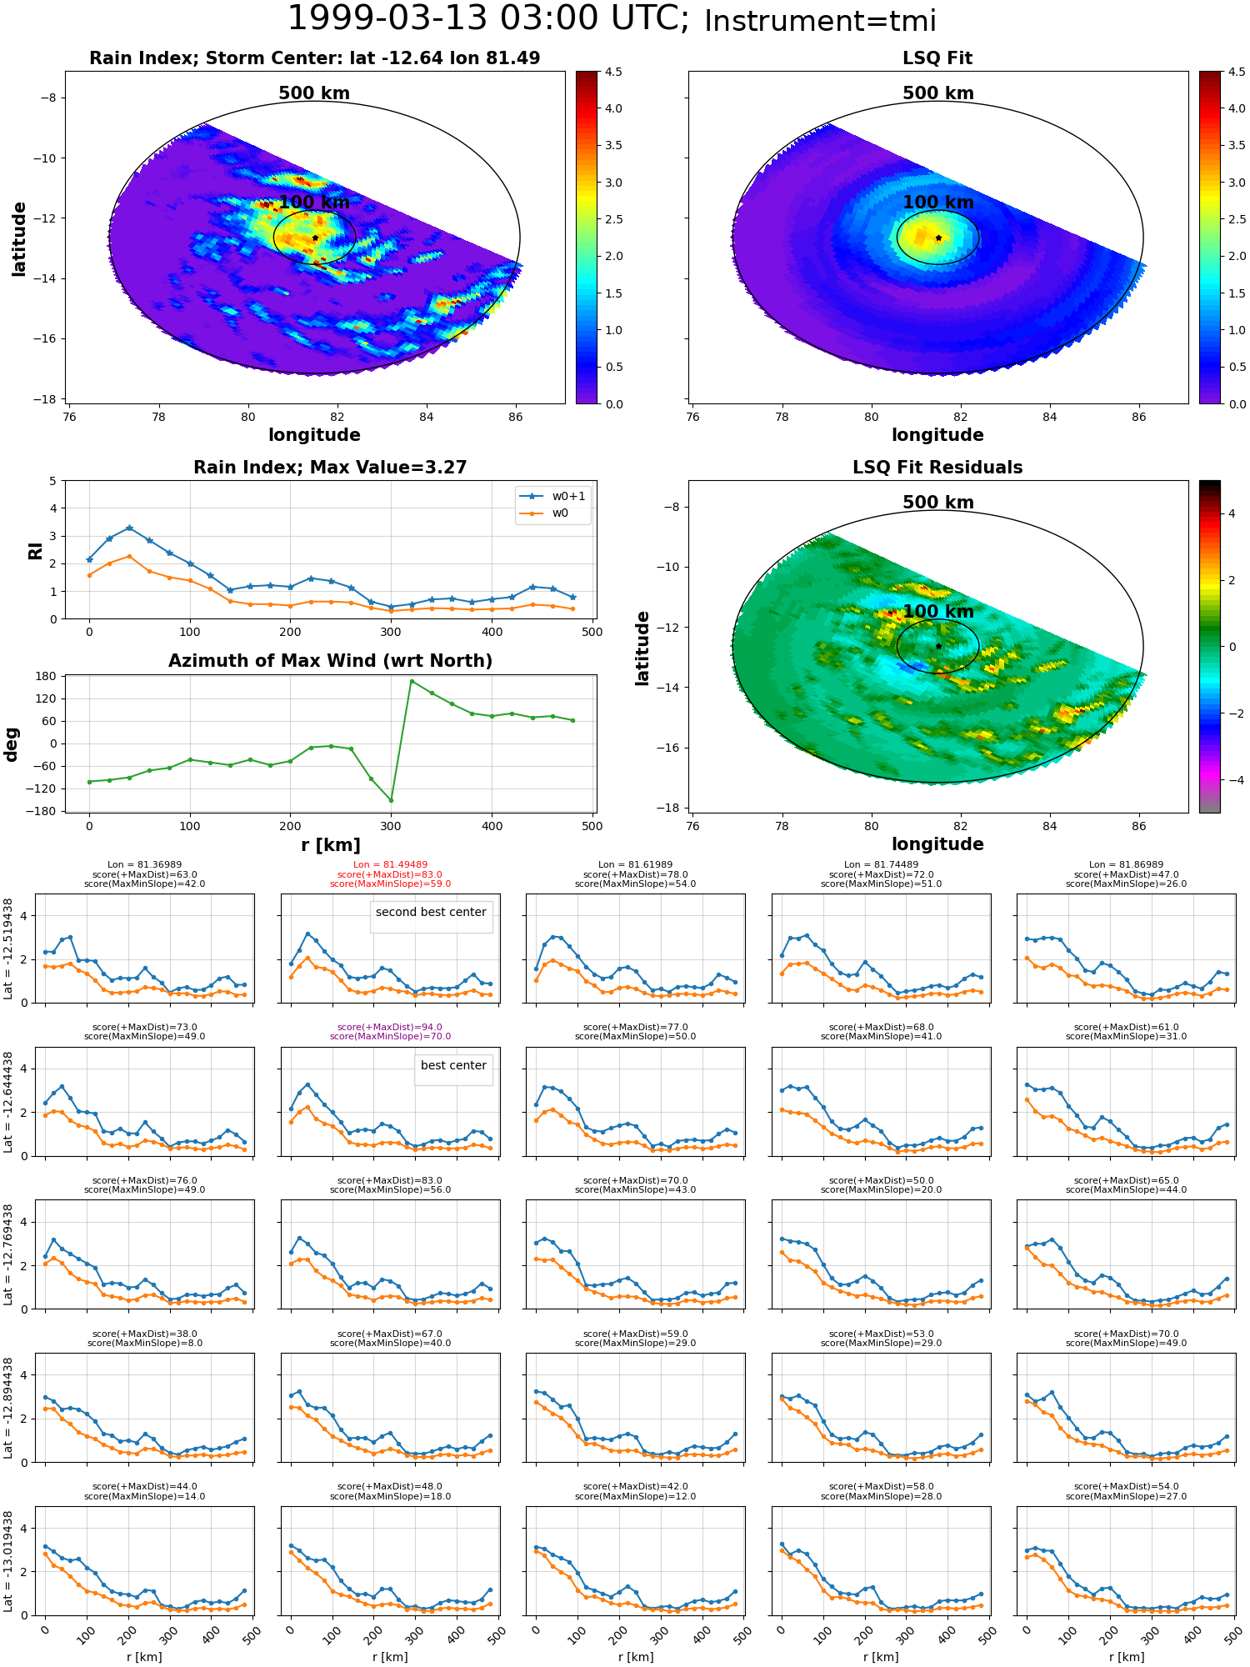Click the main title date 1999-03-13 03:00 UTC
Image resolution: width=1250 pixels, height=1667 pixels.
coord(487,19)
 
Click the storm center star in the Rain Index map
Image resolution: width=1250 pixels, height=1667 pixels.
coord(315,238)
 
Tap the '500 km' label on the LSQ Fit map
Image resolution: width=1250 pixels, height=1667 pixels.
coord(938,93)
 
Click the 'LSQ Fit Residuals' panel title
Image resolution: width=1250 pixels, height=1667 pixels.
coord(937,468)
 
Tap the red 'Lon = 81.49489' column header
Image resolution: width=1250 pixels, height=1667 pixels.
coord(390,865)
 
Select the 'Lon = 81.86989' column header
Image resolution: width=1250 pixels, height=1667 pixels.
coord(1126,865)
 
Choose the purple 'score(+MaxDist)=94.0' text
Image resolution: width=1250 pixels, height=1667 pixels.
coord(390,1028)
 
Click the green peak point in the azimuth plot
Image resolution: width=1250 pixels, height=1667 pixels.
coord(412,681)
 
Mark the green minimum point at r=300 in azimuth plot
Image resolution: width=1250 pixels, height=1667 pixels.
coord(391,801)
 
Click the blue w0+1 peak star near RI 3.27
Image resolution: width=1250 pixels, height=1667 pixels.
coord(129,528)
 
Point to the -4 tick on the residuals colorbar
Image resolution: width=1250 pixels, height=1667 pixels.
coord(1232,780)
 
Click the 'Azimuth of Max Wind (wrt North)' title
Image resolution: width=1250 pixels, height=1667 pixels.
coord(330,661)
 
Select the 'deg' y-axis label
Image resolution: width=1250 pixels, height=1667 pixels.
coord(12,744)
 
